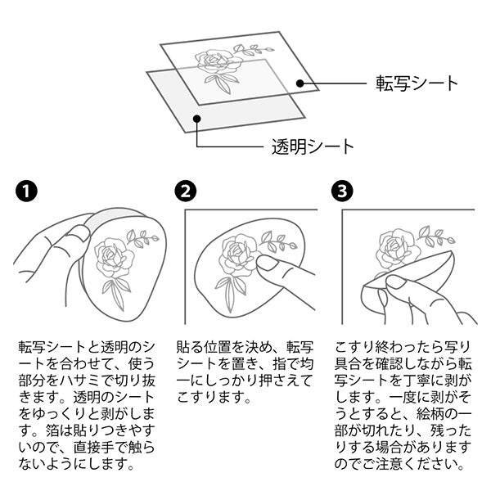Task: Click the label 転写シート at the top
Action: [416, 83]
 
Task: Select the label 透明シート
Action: [313, 148]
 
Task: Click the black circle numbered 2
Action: [186, 192]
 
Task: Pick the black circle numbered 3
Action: [341, 192]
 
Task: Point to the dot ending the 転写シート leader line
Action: [300, 83]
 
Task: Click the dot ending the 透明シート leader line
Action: [196, 119]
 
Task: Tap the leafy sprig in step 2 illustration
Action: [278, 241]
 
